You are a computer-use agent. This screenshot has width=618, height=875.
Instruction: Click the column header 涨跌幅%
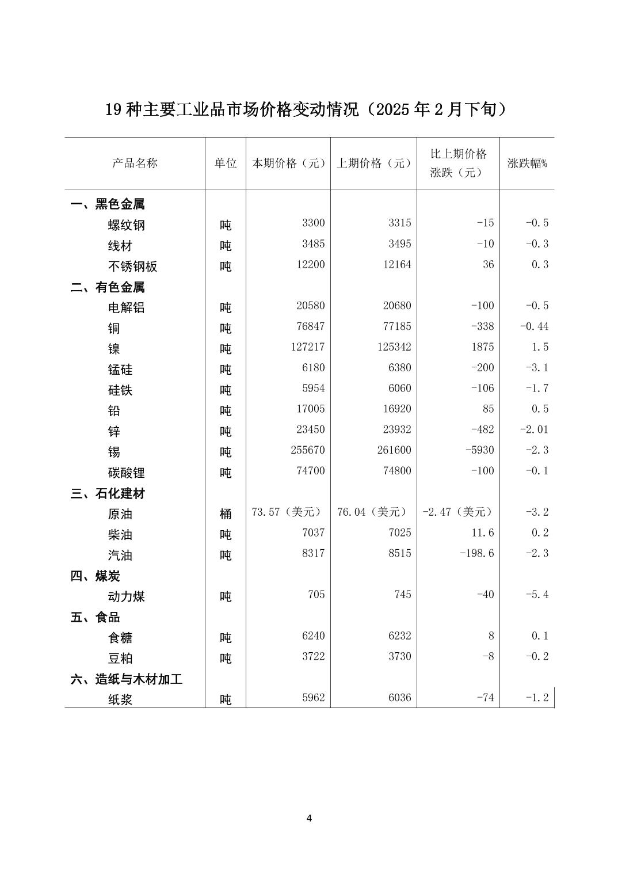pos(527,163)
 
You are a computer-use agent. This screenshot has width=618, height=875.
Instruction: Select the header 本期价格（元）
pos(288,163)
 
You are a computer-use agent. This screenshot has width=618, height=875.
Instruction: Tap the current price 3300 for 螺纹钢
pos(314,223)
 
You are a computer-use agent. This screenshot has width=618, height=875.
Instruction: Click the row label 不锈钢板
pos(132,267)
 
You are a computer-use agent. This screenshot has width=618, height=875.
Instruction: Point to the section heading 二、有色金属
pos(108,287)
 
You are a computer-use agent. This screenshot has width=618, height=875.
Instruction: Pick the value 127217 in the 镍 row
pos(308,347)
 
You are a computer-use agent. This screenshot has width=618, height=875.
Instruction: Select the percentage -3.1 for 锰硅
pos(537,368)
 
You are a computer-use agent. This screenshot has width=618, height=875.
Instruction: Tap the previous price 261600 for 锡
pos(394,450)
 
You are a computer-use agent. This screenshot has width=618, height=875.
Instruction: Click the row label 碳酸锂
pos(126,473)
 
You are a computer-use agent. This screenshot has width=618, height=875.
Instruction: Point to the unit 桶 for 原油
pos(226,513)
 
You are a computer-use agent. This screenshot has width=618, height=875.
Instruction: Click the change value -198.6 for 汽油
pos(477,553)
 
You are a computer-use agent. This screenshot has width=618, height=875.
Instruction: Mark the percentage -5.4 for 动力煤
pos(537,595)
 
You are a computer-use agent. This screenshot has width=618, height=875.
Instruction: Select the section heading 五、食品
pos(96,617)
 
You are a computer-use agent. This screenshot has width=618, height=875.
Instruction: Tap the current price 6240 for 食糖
pos(314,636)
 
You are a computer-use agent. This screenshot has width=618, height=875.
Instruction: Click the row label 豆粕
pos(120,658)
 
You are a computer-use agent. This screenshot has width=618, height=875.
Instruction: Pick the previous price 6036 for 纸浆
pos(400,698)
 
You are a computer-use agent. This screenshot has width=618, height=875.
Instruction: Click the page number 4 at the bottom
pos(309,818)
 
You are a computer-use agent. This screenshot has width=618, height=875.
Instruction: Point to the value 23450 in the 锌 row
pos(311,429)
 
